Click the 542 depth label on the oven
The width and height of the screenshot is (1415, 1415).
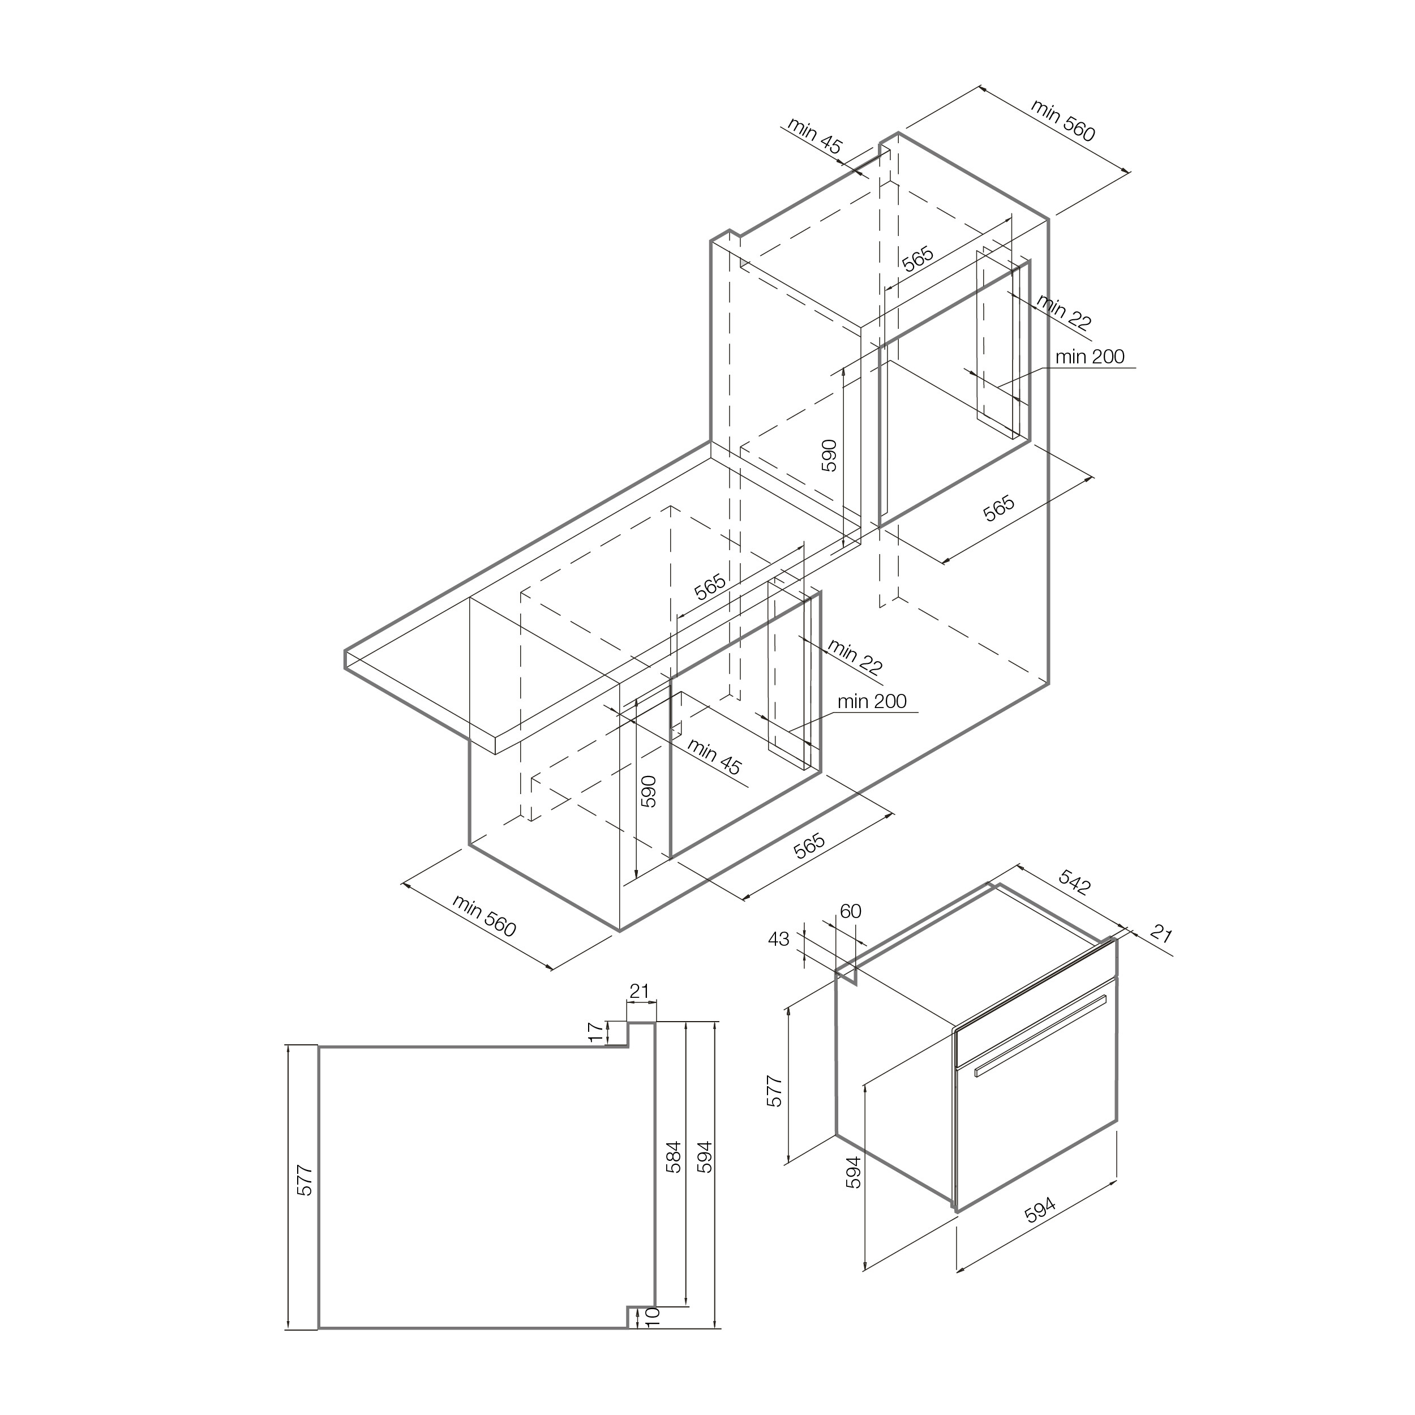click(x=1074, y=884)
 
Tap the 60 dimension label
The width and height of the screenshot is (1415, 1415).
click(x=850, y=911)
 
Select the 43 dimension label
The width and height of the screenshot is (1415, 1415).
click(x=779, y=938)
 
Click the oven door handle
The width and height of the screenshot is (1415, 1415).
click(x=1040, y=1036)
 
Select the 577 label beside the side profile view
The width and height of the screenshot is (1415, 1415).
click(x=306, y=1180)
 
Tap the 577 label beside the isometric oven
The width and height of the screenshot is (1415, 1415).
click(x=774, y=1091)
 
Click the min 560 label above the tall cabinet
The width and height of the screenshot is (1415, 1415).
click(x=1063, y=120)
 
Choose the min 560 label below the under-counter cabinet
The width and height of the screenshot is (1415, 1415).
click(x=484, y=915)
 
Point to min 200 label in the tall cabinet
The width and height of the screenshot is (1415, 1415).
click(x=1090, y=357)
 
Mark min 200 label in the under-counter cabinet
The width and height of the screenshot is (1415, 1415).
click(x=872, y=701)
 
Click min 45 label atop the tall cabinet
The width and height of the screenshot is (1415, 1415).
click(x=814, y=135)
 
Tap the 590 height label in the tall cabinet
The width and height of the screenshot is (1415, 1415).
click(x=829, y=455)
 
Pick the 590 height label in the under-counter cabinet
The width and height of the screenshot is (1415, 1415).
click(x=648, y=791)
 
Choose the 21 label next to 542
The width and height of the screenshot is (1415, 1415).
click(x=1161, y=934)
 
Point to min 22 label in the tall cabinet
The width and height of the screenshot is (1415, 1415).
click(x=1064, y=313)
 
